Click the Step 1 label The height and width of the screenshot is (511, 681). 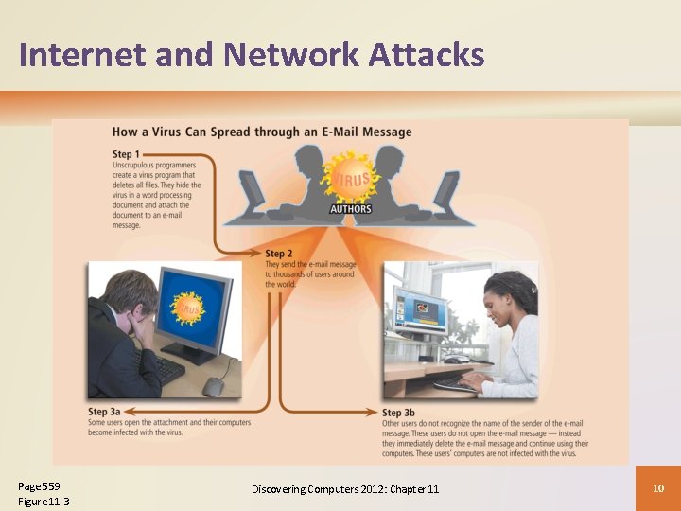pos(126,154)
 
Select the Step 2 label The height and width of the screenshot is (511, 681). pos(279,254)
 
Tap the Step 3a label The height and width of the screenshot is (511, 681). pos(105,412)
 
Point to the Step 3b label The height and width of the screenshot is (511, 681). pos(399,413)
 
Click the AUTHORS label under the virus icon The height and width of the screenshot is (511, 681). pos(350,209)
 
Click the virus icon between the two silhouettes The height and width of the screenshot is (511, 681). pos(350,179)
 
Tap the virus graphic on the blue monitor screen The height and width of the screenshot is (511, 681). pos(187,308)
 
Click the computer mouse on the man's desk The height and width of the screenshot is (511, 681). pos(214,386)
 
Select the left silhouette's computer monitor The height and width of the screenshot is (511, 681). pos(253,188)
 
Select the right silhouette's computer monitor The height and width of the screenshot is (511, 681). pos(445,188)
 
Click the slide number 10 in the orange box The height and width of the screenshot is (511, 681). pos(659,487)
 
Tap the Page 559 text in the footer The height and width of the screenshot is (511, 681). pos(39,486)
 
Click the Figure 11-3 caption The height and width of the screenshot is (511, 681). pos(44,502)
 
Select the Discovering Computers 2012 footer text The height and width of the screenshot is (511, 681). pos(345,488)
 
